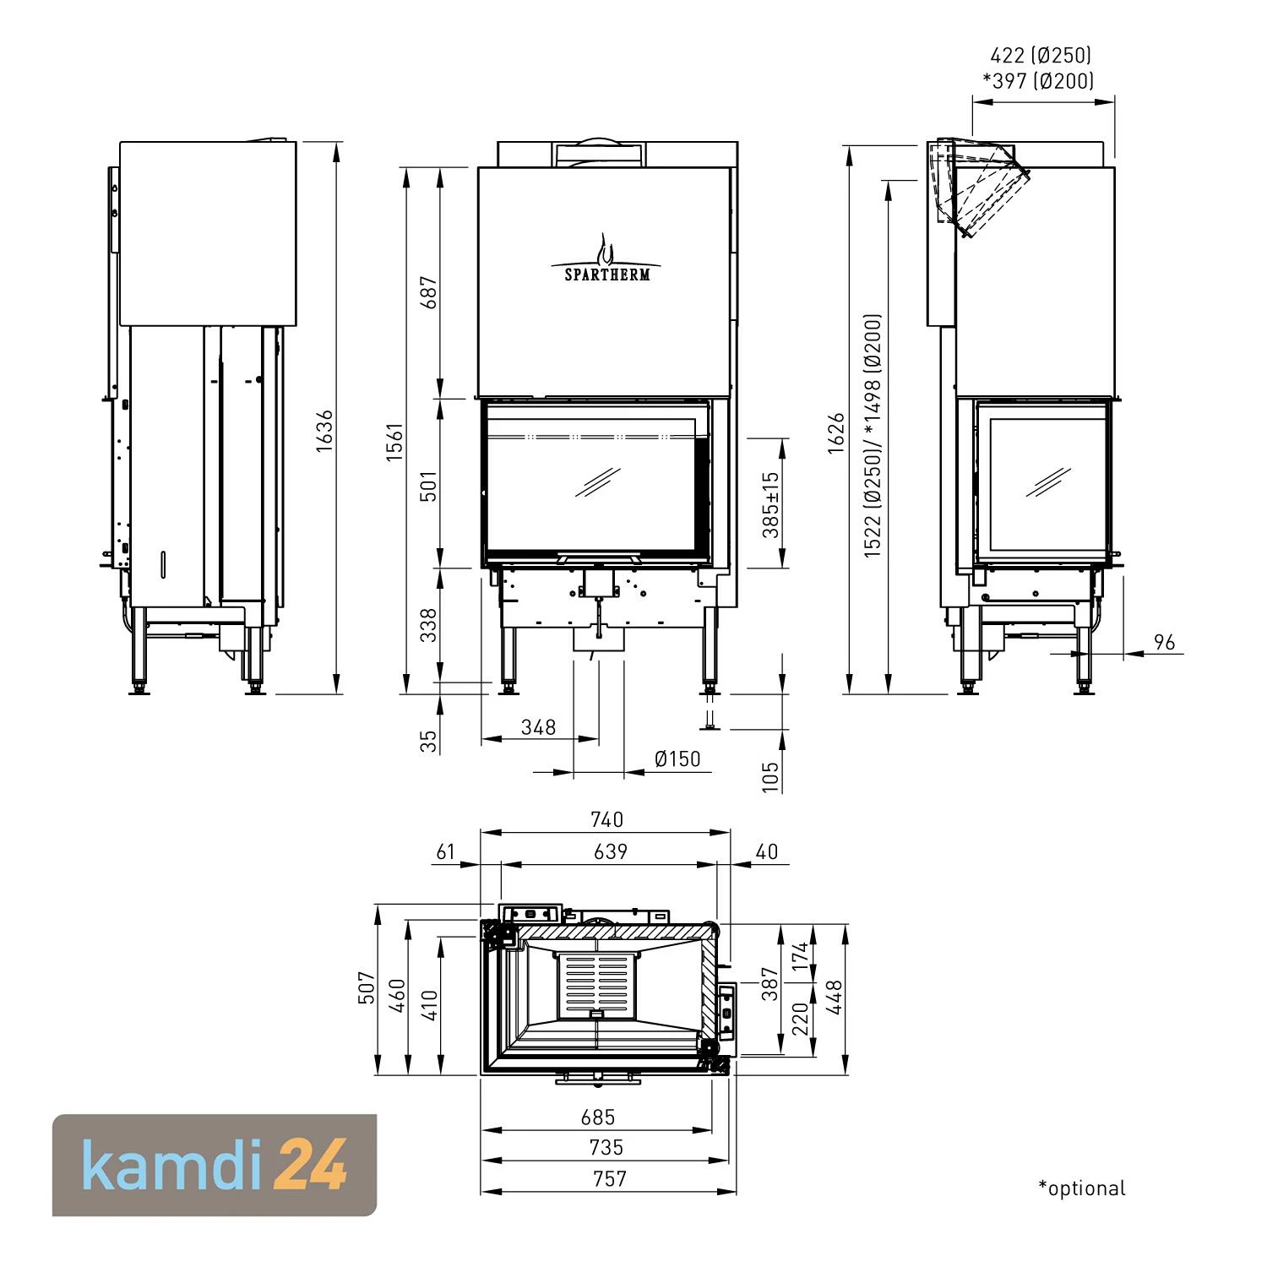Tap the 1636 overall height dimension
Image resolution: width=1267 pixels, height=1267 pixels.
(325, 431)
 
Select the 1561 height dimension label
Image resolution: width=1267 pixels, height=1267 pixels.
(395, 441)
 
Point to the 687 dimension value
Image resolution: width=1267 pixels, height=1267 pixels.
(429, 292)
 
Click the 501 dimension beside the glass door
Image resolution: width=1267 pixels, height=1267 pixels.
(429, 487)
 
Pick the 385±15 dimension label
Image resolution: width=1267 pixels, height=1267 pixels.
(769, 505)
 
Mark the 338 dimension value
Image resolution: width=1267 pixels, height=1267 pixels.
(429, 625)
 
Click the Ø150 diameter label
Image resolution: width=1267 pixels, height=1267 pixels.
(677, 759)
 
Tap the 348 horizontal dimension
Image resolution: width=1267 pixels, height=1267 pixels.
(538, 727)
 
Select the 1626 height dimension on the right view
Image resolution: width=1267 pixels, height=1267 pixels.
(836, 433)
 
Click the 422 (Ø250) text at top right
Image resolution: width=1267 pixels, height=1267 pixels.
(1041, 56)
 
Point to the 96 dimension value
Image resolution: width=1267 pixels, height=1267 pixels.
(1164, 643)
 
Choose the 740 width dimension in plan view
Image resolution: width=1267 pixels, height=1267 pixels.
(606, 819)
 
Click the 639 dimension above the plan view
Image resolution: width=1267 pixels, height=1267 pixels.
(610, 851)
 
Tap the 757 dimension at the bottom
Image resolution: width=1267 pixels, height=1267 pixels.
(609, 1178)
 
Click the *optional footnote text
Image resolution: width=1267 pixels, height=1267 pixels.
(1082, 1188)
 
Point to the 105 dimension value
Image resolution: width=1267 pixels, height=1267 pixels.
(770, 776)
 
